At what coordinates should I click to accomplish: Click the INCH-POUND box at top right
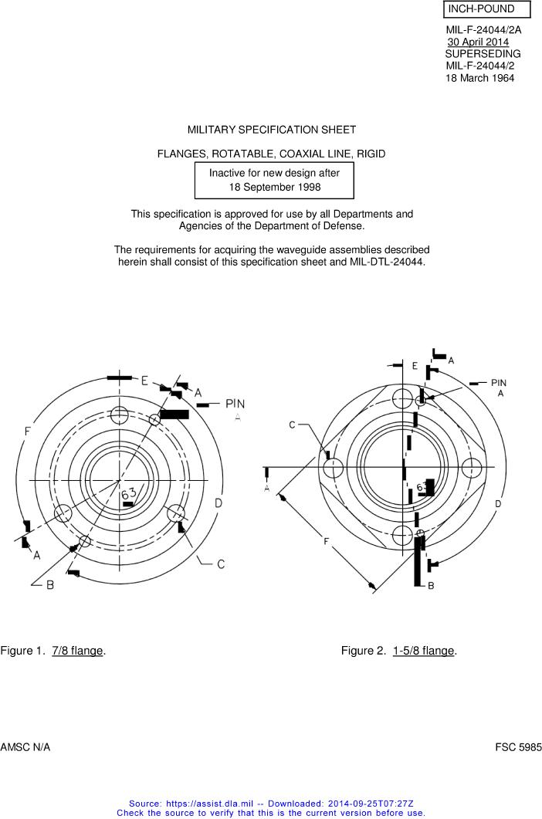click(487, 9)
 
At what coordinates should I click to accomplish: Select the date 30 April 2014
click(478, 42)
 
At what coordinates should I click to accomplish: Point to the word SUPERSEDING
click(483, 54)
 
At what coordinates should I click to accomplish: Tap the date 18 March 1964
click(479, 78)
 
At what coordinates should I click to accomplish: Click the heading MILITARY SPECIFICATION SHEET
click(272, 130)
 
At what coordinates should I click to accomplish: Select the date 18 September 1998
click(275, 187)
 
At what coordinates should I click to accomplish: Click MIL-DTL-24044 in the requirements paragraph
click(386, 262)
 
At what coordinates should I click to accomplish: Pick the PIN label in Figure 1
click(235, 404)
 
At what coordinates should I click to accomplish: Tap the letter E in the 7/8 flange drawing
click(145, 381)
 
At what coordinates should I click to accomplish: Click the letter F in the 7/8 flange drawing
click(27, 431)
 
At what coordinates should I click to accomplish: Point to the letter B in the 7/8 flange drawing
click(50, 585)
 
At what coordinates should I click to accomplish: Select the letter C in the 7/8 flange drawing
click(221, 564)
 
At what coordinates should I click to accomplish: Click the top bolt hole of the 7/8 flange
click(120, 415)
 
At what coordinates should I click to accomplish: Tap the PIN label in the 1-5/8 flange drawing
click(499, 383)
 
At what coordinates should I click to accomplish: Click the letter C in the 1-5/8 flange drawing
click(292, 425)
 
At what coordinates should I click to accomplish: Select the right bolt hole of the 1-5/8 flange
click(472, 467)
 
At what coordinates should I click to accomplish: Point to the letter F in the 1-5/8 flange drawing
click(326, 541)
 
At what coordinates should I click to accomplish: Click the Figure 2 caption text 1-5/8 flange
click(423, 650)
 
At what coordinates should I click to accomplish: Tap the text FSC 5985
click(519, 747)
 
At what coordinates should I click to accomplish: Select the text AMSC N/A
click(25, 747)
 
